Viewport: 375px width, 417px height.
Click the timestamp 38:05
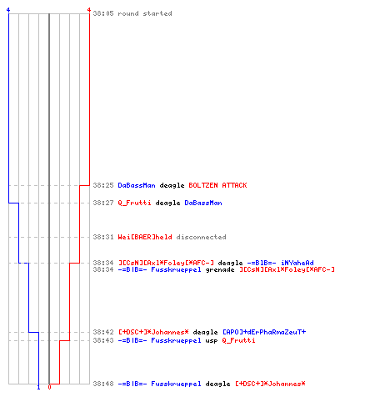pyautogui.click(x=103, y=13)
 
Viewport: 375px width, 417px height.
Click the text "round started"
pyautogui.click(x=145, y=13)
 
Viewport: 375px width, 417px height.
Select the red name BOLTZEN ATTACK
pyautogui.click(x=217, y=185)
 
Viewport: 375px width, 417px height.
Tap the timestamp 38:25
pyautogui.click(x=103, y=185)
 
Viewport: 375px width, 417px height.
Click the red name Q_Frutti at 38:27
pyautogui.click(x=134, y=203)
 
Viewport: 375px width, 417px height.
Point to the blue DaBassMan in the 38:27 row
pyautogui.click(x=203, y=203)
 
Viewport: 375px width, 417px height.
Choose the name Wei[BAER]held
pyautogui.click(x=145, y=237)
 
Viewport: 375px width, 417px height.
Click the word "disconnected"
pyautogui.click(x=201, y=237)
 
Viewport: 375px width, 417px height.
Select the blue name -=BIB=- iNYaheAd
pyautogui.click(x=280, y=263)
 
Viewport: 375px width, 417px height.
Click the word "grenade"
pyautogui.click(x=220, y=269)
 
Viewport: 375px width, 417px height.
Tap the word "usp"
pyautogui.click(x=212, y=340)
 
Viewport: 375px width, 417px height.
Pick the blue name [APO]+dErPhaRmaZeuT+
pyautogui.click(x=264, y=332)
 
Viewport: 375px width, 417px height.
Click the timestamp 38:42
pyautogui.click(x=103, y=332)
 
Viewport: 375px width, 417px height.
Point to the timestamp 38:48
pyautogui.click(x=103, y=384)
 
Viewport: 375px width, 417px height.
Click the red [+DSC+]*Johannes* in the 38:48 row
pyautogui.click(x=270, y=384)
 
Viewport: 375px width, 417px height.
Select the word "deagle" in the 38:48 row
pyautogui.click(x=217, y=384)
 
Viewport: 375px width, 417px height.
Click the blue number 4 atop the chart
pyautogui.click(x=8, y=10)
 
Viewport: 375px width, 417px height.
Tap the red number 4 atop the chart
pyautogui.click(x=89, y=10)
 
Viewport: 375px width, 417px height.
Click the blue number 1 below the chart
pyautogui.click(x=38, y=387)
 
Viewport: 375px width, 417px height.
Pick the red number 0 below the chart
pyautogui.click(x=49, y=387)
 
